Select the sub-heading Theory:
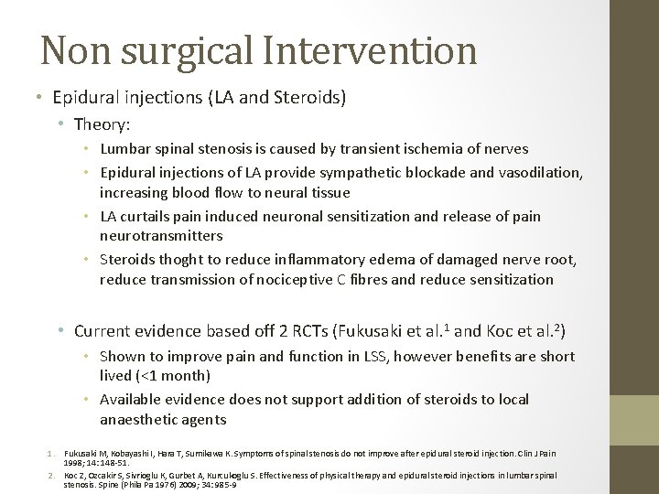[x=102, y=123]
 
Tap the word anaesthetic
[x=142, y=420]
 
